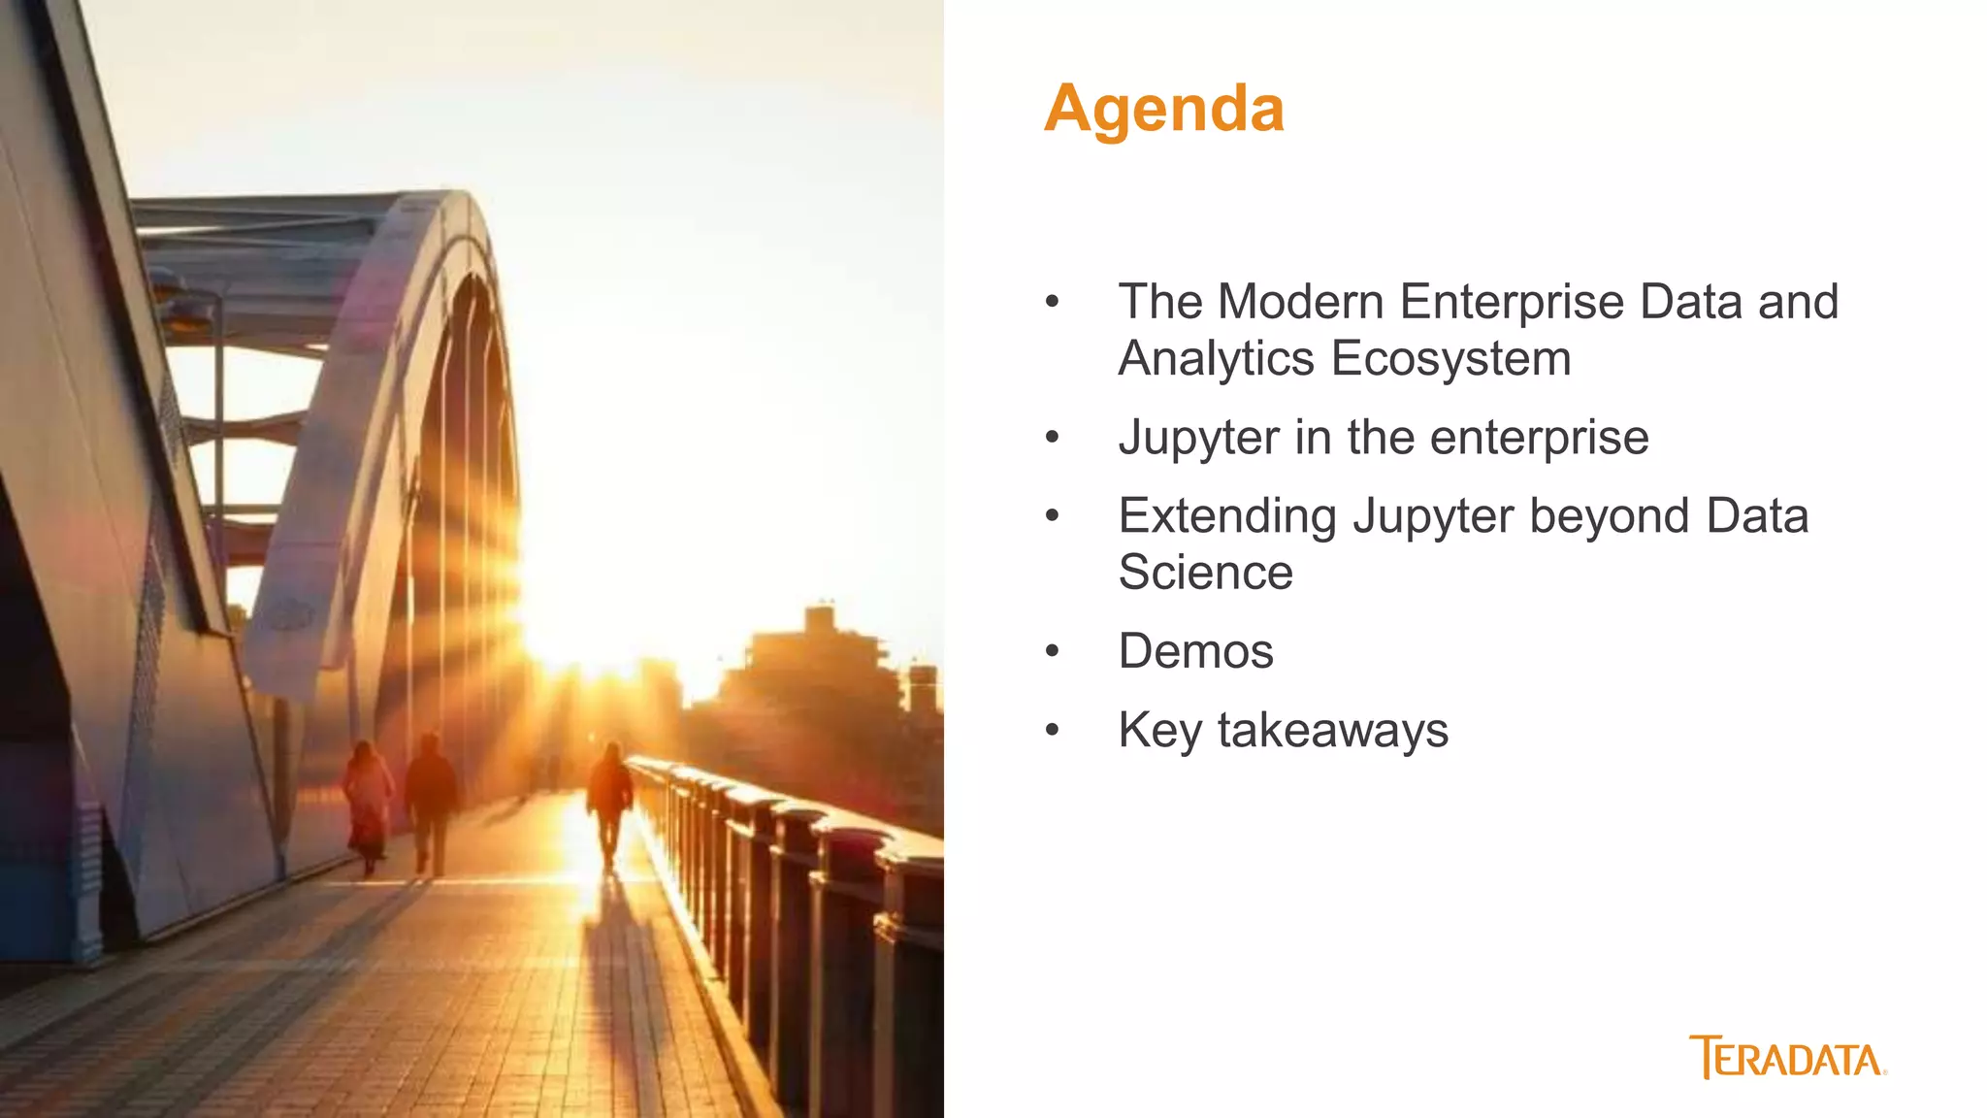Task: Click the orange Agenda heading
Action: [x=1163, y=109]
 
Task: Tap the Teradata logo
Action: [x=1787, y=1058]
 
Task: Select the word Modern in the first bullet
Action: [x=1299, y=302]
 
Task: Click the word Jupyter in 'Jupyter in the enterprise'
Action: [x=1198, y=439]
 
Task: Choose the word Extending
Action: [x=1226, y=516]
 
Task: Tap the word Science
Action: [x=1205, y=573]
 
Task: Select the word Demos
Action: [x=1195, y=651]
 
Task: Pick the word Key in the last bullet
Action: [x=1159, y=731]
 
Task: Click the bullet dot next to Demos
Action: [x=1053, y=651]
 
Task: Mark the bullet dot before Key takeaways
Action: [x=1053, y=731]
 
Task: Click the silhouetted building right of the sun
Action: [x=820, y=679]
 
